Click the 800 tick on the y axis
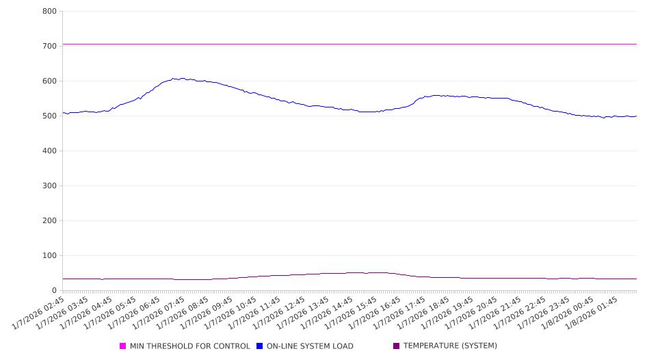(x=49, y=12)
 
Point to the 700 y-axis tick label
(x=49, y=47)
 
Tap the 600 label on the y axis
(x=49, y=81)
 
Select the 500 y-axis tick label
(x=49, y=116)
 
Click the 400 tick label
(x=49, y=151)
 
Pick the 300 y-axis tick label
(x=49, y=186)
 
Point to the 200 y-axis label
(x=49, y=221)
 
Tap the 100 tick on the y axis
(x=49, y=256)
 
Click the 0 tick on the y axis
(x=54, y=291)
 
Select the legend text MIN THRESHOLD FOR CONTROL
(x=189, y=346)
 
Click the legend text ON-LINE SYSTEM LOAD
(x=310, y=346)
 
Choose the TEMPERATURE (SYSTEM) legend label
(x=450, y=346)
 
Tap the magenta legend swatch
(x=123, y=346)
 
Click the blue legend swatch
(x=260, y=346)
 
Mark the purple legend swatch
(x=397, y=346)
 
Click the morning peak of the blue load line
(x=174, y=79)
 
